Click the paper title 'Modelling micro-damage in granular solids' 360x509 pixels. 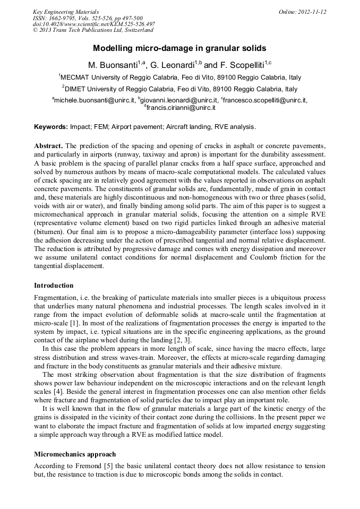pos(179,48)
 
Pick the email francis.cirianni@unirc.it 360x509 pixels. pos(181,107)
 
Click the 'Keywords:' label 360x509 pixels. pos(51,127)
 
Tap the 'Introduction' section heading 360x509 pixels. pos(54,286)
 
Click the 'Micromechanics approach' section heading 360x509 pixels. pos(75,454)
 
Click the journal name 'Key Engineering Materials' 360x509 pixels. pos(66,12)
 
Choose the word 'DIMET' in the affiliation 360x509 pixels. pos(76,89)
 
